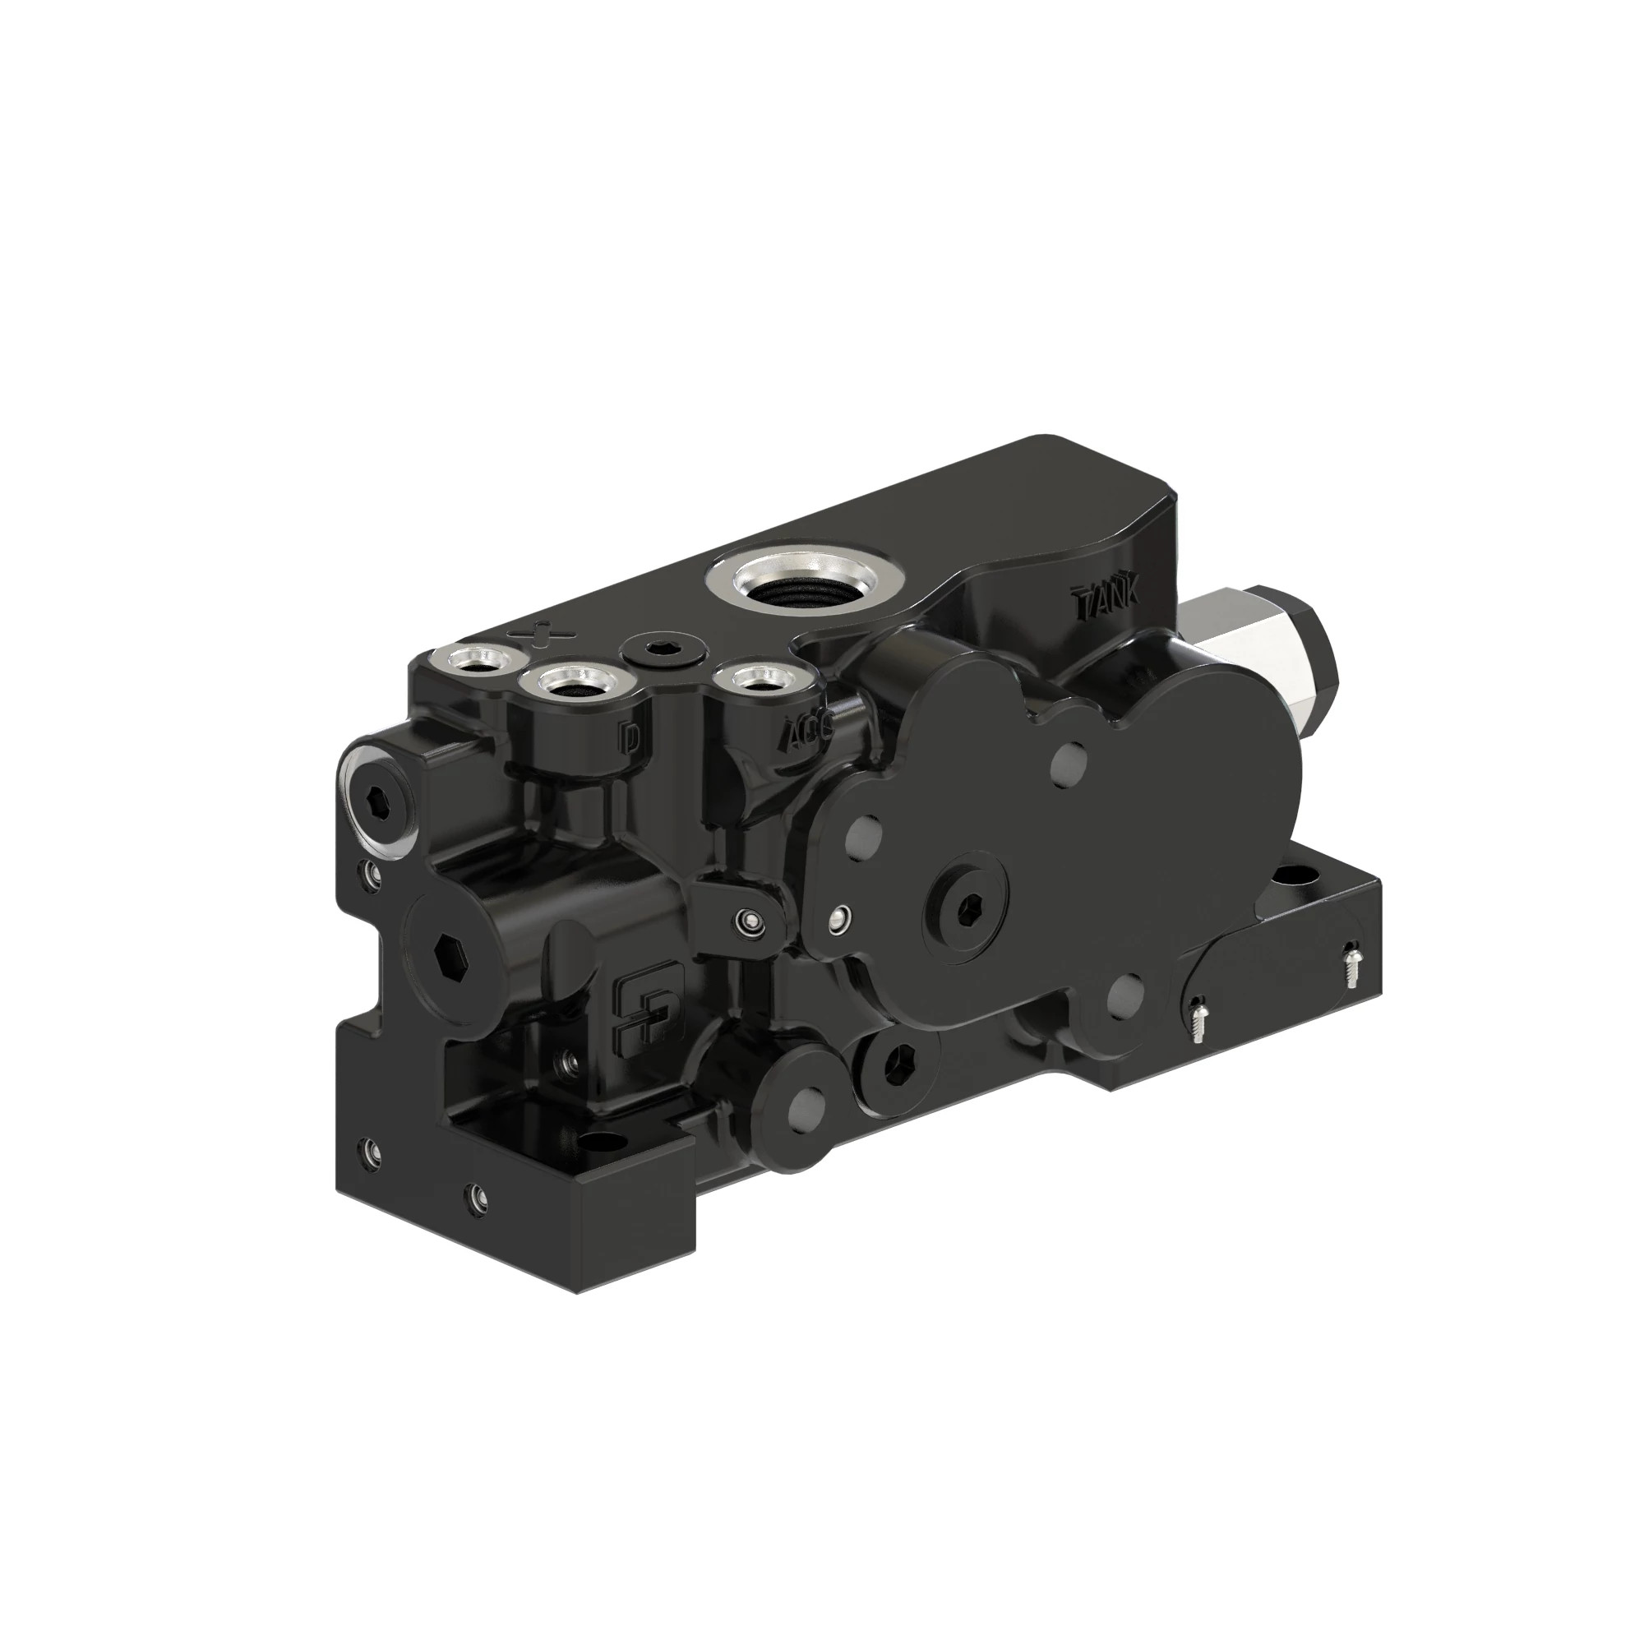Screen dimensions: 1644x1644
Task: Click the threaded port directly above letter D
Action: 570,682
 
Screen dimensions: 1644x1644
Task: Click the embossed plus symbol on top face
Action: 541,634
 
